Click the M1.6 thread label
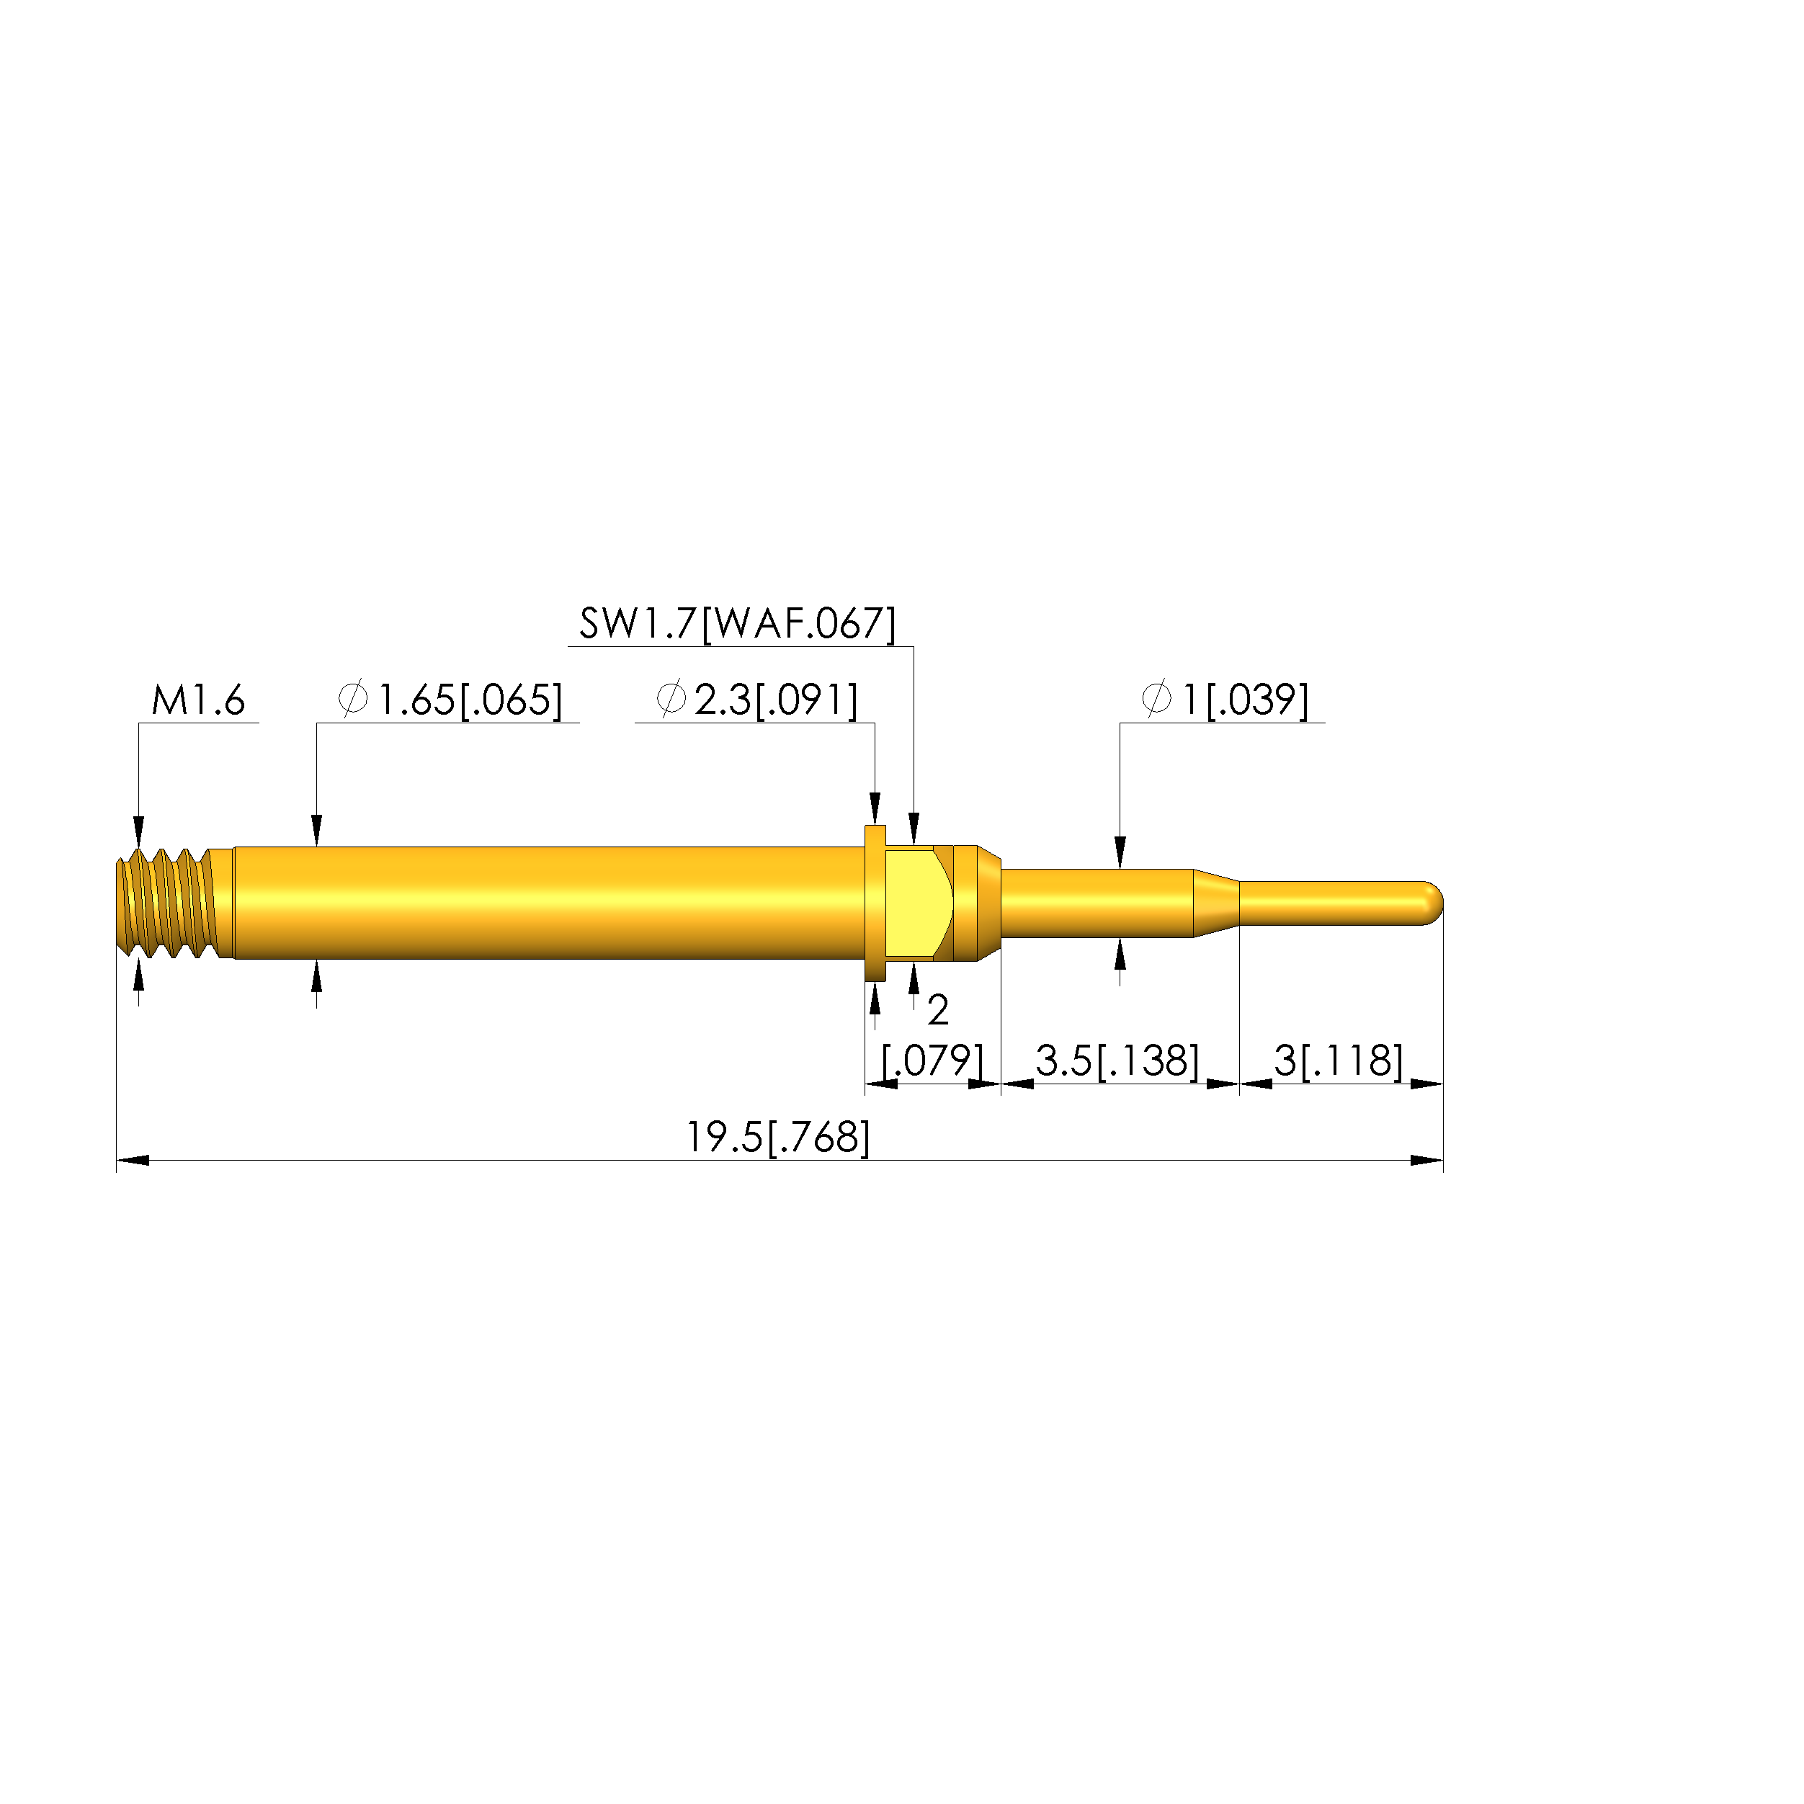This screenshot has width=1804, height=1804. click(198, 700)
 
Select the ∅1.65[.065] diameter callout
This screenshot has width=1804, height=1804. click(450, 700)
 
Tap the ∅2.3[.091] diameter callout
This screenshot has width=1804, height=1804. click(756, 700)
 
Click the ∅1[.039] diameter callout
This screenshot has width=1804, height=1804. click(1225, 700)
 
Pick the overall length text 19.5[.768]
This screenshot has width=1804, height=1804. click(779, 1138)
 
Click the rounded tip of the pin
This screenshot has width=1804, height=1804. click(1432, 904)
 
